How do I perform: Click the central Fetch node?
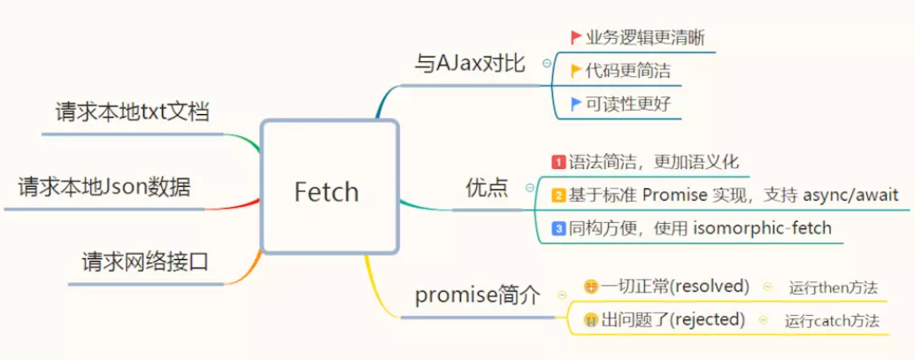(x=327, y=189)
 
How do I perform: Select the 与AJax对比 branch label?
(x=470, y=64)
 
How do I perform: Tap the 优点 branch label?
(x=487, y=188)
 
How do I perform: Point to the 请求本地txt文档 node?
(x=132, y=112)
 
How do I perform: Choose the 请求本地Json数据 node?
(x=104, y=187)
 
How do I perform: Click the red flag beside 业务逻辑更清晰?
(x=576, y=37)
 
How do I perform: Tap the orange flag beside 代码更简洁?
(x=576, y=71)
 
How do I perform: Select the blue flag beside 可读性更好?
(x=576, y=103)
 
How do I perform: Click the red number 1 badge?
(x=558, y=163)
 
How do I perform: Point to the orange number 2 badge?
(x=558, y=195)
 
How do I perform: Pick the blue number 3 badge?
(x=558, y=229)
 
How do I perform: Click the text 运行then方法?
(x=832, y=287)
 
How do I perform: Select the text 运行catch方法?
(x=832, y=320)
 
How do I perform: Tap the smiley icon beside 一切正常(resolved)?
(x=591, y=287)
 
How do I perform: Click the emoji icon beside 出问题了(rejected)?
(x=591, y=320)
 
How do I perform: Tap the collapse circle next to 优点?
(x=529, y=188)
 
